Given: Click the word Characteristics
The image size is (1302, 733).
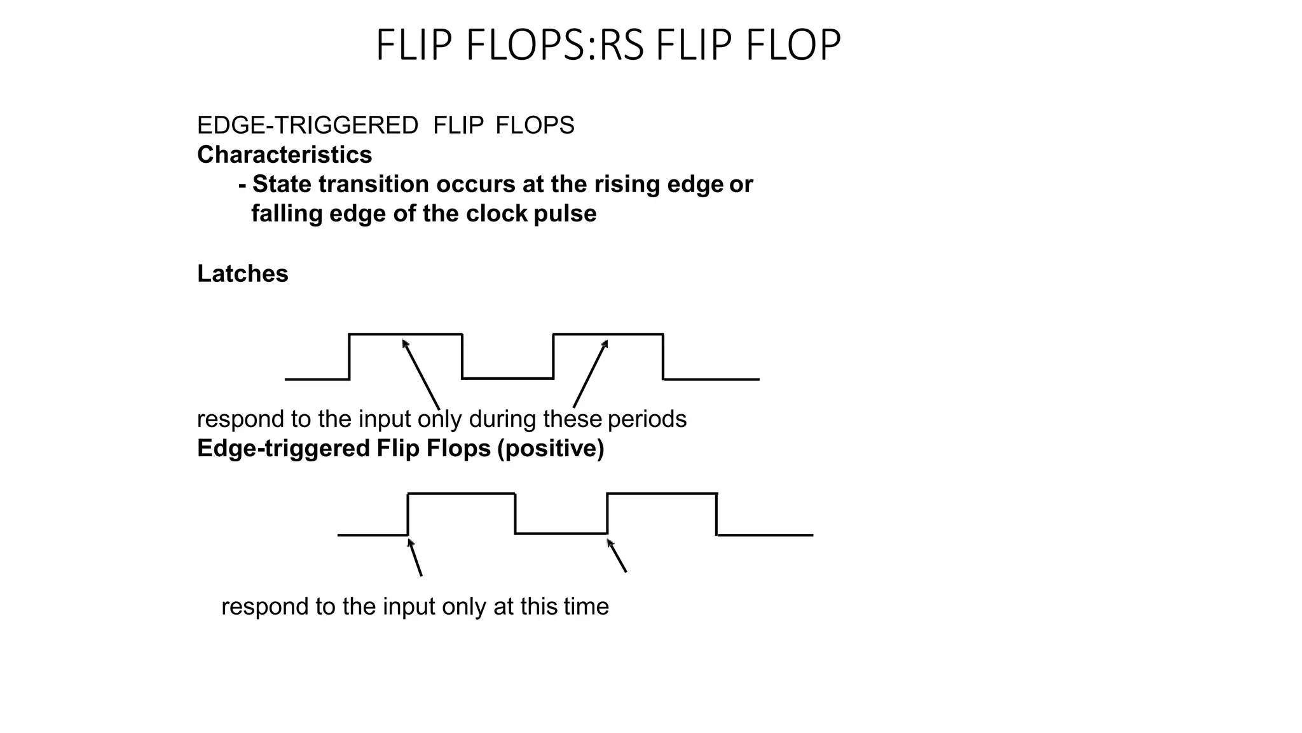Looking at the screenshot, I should click(x=284, y=155).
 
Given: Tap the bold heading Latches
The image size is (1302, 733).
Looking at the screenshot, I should click(x=242, y=274).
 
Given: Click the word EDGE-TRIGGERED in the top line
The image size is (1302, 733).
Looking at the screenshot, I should click(x=308, y=126).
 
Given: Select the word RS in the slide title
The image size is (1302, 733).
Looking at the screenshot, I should click(x=621, y=46).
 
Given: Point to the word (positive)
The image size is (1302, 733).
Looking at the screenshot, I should click(x=551, y=449).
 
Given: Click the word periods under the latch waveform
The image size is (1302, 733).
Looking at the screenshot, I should click(x=647, y=419).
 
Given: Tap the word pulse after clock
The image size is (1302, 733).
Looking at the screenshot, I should click(x=565, y=214).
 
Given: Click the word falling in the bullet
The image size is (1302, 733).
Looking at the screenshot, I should click(x=287, y=214).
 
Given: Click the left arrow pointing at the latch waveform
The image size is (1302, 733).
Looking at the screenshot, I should click(x=421, y=374).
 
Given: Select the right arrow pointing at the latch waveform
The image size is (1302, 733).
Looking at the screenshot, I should click(x=591, y=373).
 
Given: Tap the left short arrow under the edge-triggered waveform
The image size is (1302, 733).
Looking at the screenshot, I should click(x=415, y=557).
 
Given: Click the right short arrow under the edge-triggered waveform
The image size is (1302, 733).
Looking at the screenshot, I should click(x=617, y=555).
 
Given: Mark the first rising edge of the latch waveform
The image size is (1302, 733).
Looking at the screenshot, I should click(x=350, y=356).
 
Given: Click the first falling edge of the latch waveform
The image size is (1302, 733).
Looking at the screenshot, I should click(x=462, y=356).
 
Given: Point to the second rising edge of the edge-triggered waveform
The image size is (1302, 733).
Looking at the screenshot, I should click(x=608, y=513).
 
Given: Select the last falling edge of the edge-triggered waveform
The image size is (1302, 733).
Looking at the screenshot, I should click(x=717, y=514).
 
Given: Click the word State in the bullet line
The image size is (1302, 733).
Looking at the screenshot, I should click(x=282, y=185).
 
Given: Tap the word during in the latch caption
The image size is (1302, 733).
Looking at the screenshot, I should click(x=502, y=419).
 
